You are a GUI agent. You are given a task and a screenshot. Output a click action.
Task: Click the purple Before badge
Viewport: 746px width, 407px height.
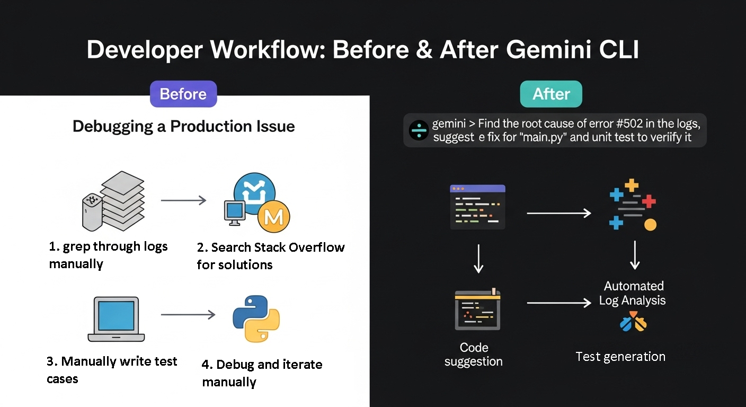click(x=183, y=94)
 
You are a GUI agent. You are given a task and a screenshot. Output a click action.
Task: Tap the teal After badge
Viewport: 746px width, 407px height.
click(x=551, y=94)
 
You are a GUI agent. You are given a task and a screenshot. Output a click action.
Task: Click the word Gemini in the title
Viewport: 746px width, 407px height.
click(x=548, y=50)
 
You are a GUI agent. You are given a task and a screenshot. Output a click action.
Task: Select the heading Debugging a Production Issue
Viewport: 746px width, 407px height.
click(x=184, y=127)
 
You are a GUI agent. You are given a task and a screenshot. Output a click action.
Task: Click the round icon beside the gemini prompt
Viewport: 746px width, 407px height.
click(x=419, y=130)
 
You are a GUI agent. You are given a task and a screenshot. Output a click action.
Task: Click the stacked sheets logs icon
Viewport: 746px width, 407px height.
click(x=113, y=201)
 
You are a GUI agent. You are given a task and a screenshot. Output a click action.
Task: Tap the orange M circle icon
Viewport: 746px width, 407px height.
click(x=274, y=217)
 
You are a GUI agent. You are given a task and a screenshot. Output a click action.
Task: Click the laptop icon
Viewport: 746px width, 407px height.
click(x=116, y=319)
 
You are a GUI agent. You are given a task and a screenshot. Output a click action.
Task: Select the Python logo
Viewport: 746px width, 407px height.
click(x=256, y=318)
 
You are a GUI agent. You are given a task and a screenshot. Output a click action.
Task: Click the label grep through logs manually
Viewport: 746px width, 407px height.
click(x=108, y=255)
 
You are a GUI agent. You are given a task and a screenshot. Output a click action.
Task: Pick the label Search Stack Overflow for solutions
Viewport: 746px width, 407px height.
click(x=271, y=256)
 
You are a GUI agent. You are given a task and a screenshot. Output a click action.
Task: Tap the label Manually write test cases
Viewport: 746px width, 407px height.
click(x=112, y=370)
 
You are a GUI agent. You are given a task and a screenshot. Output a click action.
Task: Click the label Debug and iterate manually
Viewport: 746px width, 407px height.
click(x=262, y=373)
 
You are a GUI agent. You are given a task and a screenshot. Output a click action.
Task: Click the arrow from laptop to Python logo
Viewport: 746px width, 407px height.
click(x=188, y=314)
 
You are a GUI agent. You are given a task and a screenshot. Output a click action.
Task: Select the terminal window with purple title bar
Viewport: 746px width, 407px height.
click(x=477, y=207)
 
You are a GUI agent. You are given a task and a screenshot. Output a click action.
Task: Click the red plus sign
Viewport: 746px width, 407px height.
click(x=649, y=201)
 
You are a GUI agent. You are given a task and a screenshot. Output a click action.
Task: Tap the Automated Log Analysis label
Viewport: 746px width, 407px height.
click(x=632, y=293)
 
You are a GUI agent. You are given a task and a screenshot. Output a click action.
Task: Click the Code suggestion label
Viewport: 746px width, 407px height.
click(x=474, y=355)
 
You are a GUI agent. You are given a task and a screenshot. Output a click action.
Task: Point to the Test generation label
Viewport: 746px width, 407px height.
click(x=620, y=357)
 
